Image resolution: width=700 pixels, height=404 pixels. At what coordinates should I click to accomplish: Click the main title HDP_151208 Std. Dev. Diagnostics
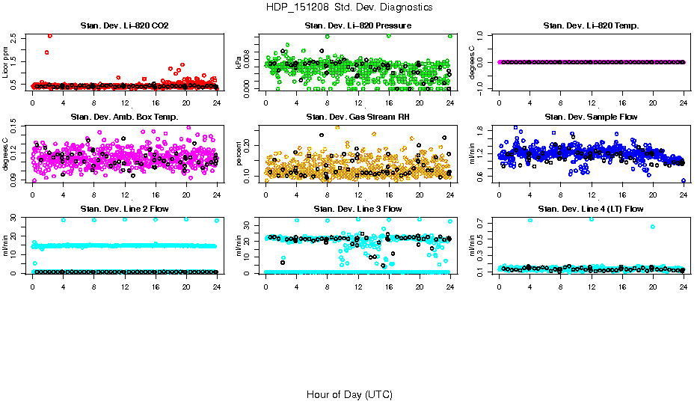click(349, 7)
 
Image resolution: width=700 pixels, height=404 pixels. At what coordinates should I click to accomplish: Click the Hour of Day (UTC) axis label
click(349, 394)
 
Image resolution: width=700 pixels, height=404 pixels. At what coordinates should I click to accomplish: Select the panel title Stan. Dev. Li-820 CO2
click(124, 26)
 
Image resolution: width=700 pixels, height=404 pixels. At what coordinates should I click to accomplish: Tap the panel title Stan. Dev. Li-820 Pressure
click(357, 26)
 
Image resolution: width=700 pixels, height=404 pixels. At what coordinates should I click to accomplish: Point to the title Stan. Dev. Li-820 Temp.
click(591, 26)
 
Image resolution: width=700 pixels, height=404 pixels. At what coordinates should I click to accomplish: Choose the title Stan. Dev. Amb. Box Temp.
click(124, 117)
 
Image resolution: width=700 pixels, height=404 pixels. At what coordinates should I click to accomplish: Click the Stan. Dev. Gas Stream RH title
click(357, 117)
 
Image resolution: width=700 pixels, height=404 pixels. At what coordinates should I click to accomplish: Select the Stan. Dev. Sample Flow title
click(591, 117)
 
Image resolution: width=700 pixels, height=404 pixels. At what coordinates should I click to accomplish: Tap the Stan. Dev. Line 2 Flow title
click(124, 209)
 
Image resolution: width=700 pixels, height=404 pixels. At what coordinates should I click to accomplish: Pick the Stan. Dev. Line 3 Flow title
click(357, 209)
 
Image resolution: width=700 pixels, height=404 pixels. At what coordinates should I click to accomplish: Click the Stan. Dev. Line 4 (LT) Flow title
click(591, 209)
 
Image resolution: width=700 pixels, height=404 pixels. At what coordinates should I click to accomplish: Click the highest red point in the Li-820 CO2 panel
click(50, 35)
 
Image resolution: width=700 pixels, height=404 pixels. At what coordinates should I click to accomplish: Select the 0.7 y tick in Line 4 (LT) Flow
click(482, 223)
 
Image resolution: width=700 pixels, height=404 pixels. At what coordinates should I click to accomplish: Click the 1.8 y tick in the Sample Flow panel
click(482, 129)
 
